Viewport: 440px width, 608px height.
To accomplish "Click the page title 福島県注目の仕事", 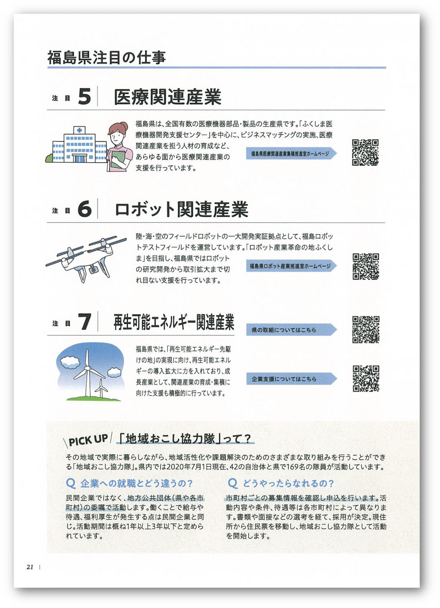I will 107,57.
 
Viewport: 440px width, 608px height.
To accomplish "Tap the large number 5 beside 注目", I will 84,97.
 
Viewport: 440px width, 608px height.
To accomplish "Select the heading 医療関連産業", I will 168,97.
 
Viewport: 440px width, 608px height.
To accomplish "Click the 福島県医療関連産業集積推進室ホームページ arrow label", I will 291,153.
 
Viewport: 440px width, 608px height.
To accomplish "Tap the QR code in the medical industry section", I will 365,153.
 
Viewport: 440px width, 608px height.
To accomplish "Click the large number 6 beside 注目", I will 84,209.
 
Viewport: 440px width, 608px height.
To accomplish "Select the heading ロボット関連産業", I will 181,210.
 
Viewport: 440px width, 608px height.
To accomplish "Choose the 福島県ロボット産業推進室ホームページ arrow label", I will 291,266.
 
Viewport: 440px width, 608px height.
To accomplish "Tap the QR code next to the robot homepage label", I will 365,267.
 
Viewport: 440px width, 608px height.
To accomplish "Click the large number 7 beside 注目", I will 84,322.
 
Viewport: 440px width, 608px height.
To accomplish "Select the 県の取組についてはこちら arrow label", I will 291,330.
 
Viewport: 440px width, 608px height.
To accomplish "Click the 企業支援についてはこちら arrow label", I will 291,379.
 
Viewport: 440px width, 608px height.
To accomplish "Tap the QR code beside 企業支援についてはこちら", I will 365,379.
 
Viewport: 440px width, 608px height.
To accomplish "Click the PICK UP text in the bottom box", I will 88,440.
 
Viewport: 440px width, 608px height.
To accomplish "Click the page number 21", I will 30,567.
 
